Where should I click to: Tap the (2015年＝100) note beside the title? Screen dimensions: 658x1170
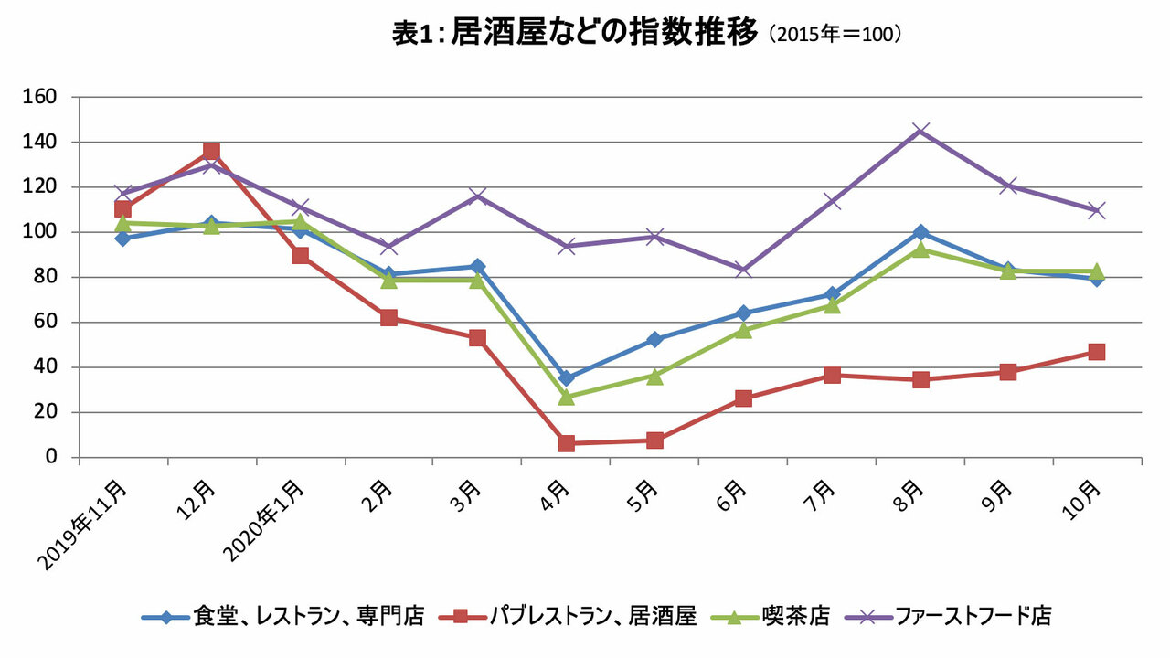pyautogui.click(x=835, y=35)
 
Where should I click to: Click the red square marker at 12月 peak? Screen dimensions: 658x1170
pyautogui.click(x=211, y=151)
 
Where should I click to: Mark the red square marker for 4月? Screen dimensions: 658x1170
pyautogui.click(x=566, y=443)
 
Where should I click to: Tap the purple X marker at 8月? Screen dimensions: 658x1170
pyautogui.click(x=920, y=131)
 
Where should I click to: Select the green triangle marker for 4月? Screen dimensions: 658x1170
pyautogui.click(x=566, y=397)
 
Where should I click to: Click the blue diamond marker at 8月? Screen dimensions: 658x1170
pyautogui.click(x=920, y=232)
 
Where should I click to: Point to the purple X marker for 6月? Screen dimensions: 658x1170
pyautogui.click(x=743, y=270)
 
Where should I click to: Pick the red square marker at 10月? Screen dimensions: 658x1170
pyautogui.click(x=1097, y=352)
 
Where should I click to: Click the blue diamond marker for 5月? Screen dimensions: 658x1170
pyautogui.click(x=654, y=339)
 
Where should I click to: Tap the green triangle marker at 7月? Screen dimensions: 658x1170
pyautogui.click(x=832, y=305)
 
